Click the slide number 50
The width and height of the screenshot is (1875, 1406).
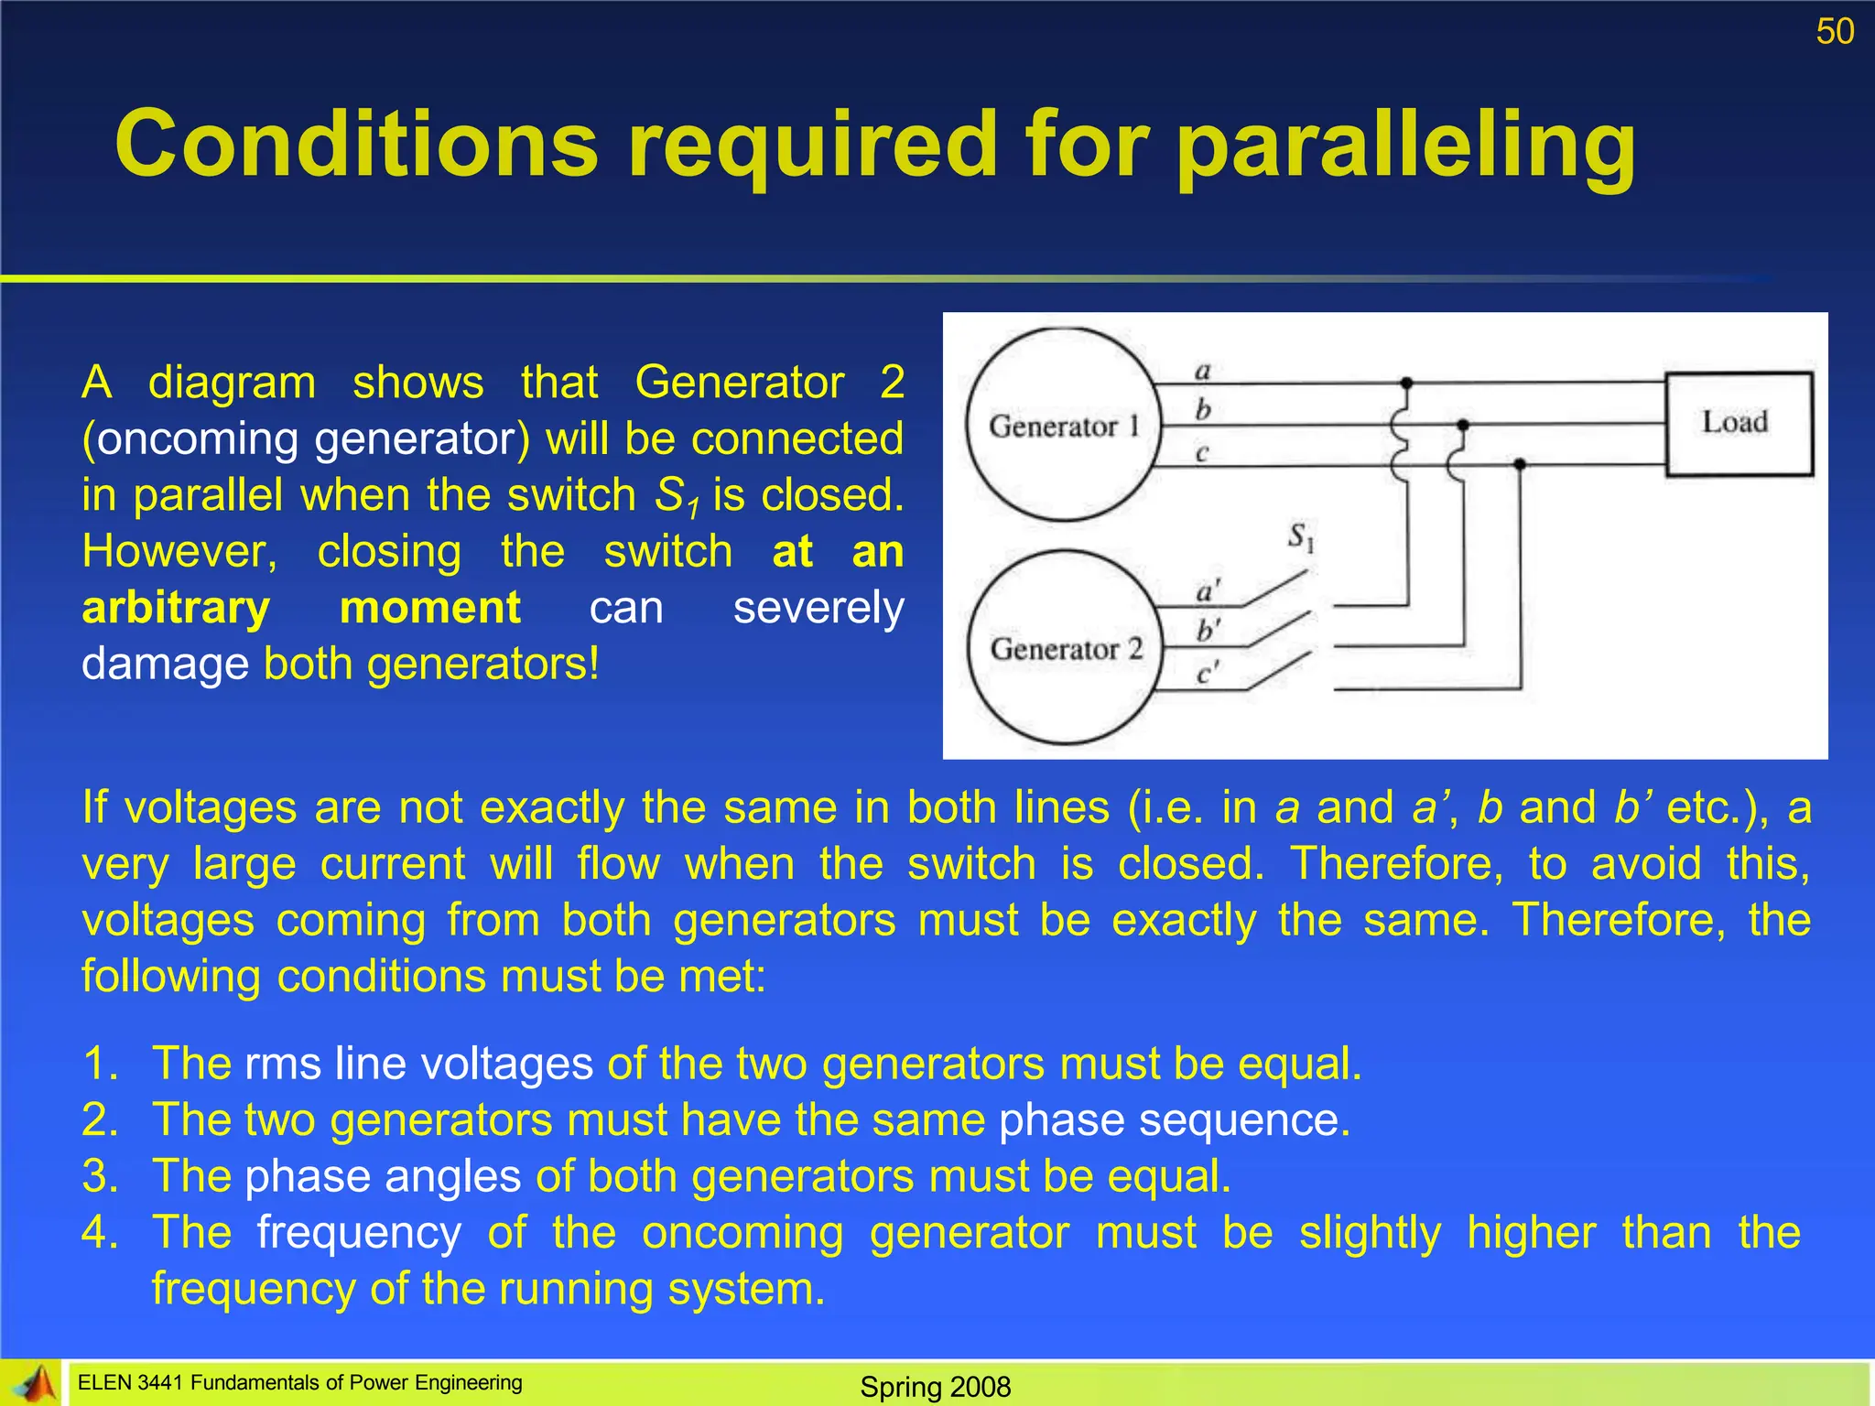[x=1834, y=32]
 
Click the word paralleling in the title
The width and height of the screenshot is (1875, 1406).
[x=1405, y=146]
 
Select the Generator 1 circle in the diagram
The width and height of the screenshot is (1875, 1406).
[x=1063, y=425]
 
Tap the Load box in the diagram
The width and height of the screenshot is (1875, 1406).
[x=1738, y=423]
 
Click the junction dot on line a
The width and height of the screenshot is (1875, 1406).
[x=1406, y=383]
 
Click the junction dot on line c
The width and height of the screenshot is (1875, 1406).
[x=1519, y=465]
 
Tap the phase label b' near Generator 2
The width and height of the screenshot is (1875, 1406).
[x=1208, y=631]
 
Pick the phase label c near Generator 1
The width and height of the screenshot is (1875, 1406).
[x=1202, y=452]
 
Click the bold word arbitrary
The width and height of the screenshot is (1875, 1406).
[x=176, y=608]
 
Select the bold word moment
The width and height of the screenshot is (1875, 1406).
[x=429, y=608]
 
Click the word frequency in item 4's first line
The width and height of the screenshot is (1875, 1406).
[x=359, y=1232]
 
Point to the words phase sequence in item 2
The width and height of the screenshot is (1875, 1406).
[x=1174, y=1119]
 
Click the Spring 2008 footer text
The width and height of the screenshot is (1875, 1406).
[x=935, y=1387]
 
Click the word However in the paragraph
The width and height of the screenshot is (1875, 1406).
[x=179, y=552]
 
